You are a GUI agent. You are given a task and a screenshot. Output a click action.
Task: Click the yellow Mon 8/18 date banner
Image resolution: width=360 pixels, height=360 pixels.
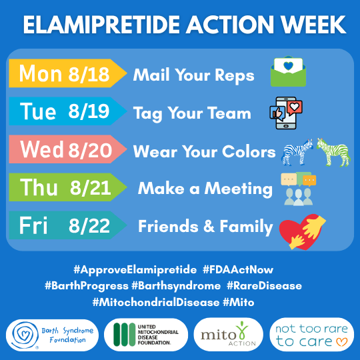(x=68, y=73)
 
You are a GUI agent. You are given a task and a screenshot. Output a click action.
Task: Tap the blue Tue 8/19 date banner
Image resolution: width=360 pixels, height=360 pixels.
(x=68, y=111)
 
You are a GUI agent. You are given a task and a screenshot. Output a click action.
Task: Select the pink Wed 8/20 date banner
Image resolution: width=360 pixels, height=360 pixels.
(x=68, y=149)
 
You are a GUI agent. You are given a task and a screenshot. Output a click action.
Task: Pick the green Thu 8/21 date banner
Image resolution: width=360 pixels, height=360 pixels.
(x=68, y=187)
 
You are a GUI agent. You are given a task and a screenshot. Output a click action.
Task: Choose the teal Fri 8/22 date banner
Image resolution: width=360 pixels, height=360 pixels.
(x=68, y=225)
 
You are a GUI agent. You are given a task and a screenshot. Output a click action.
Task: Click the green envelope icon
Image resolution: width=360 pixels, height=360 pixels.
(x=288, y=71)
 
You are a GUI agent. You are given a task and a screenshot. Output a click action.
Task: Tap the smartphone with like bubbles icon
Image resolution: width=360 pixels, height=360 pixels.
(x=286, y=113)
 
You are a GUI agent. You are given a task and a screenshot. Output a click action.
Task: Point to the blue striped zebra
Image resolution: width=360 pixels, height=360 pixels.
(x=297, y=152)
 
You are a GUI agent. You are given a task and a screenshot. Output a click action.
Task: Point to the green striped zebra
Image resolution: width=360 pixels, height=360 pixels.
(x=333, y=152)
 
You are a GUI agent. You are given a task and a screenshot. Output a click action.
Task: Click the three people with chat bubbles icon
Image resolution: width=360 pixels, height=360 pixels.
(x=298, y=189)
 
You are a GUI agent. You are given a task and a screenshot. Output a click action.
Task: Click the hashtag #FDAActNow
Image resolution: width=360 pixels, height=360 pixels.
(x=238, y=269)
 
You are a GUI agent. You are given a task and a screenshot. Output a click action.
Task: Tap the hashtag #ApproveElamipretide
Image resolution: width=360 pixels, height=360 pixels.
(x=135, y=269)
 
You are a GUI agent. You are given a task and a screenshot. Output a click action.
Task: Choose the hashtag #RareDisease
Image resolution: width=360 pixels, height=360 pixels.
(x=264, y=286)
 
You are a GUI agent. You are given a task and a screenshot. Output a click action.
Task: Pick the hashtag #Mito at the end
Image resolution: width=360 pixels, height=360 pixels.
(x=238, y=302)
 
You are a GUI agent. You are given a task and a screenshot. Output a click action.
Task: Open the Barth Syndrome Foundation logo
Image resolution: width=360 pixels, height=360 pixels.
(x=53, y=335)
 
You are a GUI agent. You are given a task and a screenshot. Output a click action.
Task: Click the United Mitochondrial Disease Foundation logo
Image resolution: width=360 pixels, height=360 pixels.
(x=146, y=335)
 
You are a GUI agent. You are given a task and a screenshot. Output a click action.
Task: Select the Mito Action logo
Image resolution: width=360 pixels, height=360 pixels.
(x=228, y=335)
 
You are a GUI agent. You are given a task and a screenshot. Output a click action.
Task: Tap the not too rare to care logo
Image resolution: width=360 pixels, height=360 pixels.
(x=311, y=335)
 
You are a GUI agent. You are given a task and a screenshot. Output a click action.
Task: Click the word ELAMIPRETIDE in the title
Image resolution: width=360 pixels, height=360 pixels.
(x=101, y=25)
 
